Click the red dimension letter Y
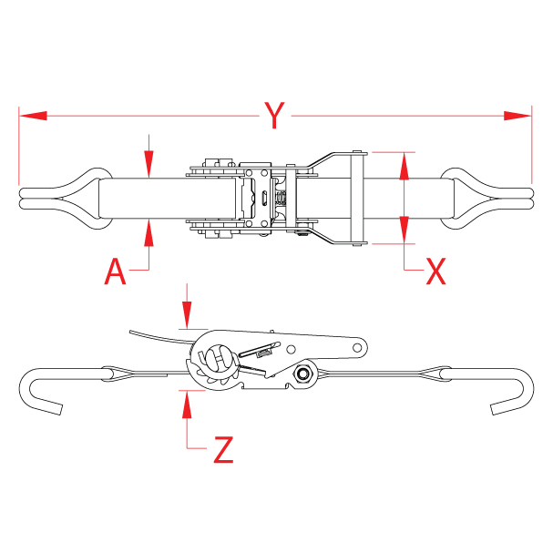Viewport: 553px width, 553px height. tap(274, 116)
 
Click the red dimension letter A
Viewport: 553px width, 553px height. tap(115, 271)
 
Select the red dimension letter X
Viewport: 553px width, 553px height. tap(435, 271)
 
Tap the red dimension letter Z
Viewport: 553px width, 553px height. tap(223, 449)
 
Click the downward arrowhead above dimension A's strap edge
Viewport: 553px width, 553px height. tap(148, 168)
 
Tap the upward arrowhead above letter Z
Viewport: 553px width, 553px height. tap(186, 402)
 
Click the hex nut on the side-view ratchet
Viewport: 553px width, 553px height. tap(302, 374)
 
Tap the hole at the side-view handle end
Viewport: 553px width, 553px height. tap(358, 347)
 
